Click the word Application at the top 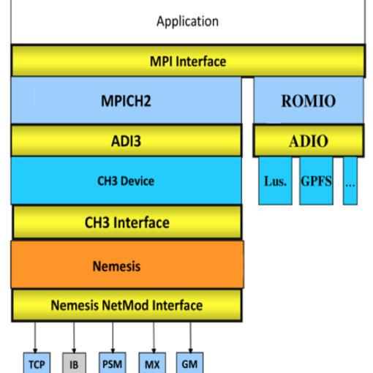click(x=187, y=21)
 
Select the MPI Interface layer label click(x=188, y=61)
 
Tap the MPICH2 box click(x=127, y=100)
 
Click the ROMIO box click(x=309, y=100)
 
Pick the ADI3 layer click(x=127, y=140)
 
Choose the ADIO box click(x=309, y=140)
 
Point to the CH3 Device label click(x=126, y=181)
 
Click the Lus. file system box click(x=275, y=181)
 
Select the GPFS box click(x=316, y=181)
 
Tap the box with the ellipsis click(x=350, y=181)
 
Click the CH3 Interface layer click(x=127, y=222)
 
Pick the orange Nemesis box click(x=127, y=265)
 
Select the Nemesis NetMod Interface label click(x=127, y=305)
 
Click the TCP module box click(x=37, y=363)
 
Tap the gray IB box click(x=74, y=363)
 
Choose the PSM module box click(x=113, y=363)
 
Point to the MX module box click(x=152, y=363)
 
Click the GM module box click(x=189, y=363)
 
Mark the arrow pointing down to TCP click(x=35, y=337)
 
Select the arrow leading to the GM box click(x=191, y=337)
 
